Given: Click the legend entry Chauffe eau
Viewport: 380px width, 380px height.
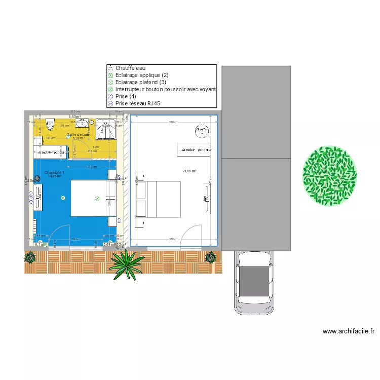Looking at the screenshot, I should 130,68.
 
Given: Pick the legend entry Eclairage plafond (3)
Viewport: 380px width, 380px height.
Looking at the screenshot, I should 140,82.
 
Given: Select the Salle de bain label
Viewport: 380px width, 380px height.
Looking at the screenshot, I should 79,134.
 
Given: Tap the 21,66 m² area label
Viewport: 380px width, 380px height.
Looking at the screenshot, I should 189,171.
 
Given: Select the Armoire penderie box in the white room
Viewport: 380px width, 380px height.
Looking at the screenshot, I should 195,150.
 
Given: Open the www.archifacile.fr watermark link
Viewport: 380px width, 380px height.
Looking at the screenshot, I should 349,331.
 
